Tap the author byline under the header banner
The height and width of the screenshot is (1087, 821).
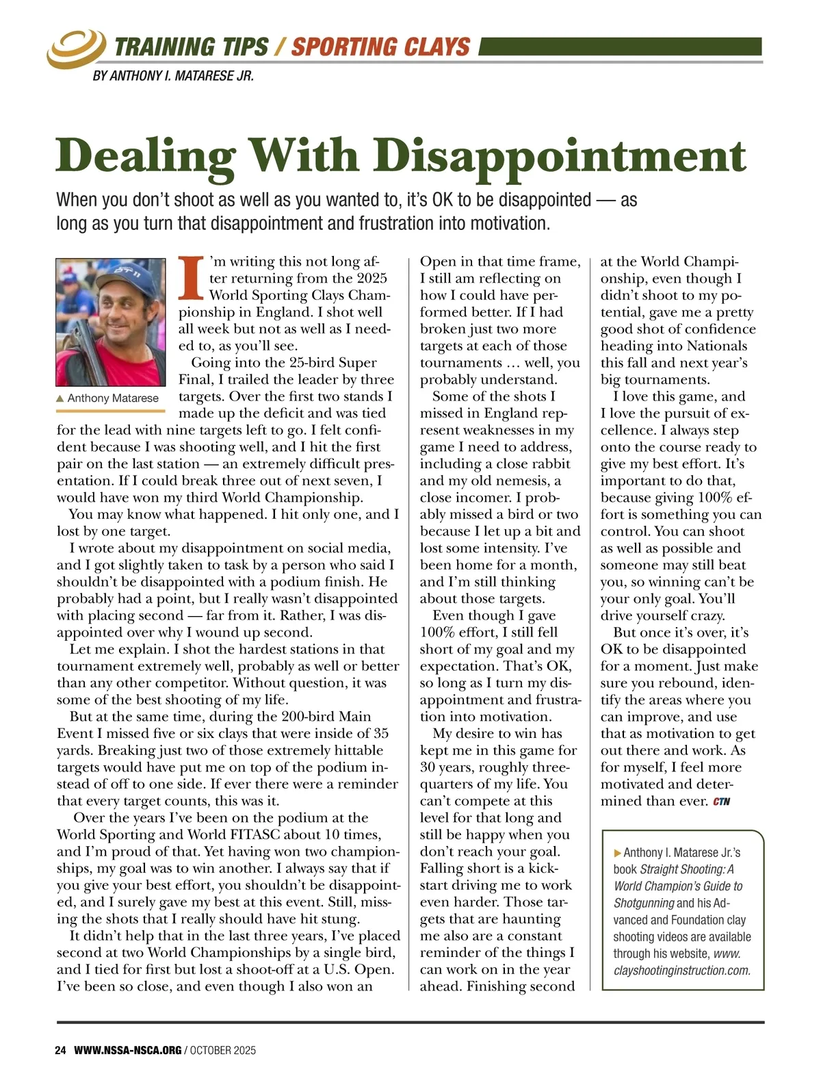click(x=173, y=76)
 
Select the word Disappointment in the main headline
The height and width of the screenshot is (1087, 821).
click(x=560, y=156)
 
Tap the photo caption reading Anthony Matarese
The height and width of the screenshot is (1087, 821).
click(x=113, y=398)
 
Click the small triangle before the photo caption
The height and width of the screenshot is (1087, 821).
click(x=60, y=398)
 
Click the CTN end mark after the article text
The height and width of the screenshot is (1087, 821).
click(x=722, y=802)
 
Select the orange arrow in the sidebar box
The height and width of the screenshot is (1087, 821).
click(x=618, y=853)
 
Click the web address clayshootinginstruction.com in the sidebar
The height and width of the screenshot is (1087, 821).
click(x=682, y=970)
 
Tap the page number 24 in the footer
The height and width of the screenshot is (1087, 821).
click(x=60, y=1050)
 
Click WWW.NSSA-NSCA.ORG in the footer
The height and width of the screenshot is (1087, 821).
click(x=128, y=1050)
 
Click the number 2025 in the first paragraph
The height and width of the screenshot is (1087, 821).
click(x=372, y=279)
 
